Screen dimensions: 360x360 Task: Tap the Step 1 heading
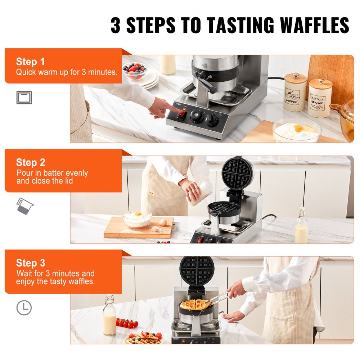pyautogui.click(x=30, y=62)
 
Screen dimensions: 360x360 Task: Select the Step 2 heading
pyautogui.click(x=30, y=162)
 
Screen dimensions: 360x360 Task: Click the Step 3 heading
pyautogui.click(x=30, y=263)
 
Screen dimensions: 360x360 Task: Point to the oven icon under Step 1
pyautogui.click(x=24, y=98)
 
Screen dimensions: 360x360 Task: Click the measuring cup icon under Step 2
pyautogui.click(x=24, y=206)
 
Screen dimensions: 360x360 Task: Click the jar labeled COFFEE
pyautogui.click(x=294, y=92)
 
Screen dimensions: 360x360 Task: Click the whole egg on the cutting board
pyautogui.click(x=163, y=222)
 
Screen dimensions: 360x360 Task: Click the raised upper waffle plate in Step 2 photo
pyautogui.click(x=237, y=174)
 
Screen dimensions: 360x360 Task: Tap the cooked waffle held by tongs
pyautogui.click(x=194, y=305)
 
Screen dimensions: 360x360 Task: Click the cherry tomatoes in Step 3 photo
pyautogui.click(x=128, y=323)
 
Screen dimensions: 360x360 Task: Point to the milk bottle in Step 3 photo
pyautogui.click(x=109, y=316)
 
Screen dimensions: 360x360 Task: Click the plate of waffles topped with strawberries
pyautogui.click(x=144, y=338)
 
